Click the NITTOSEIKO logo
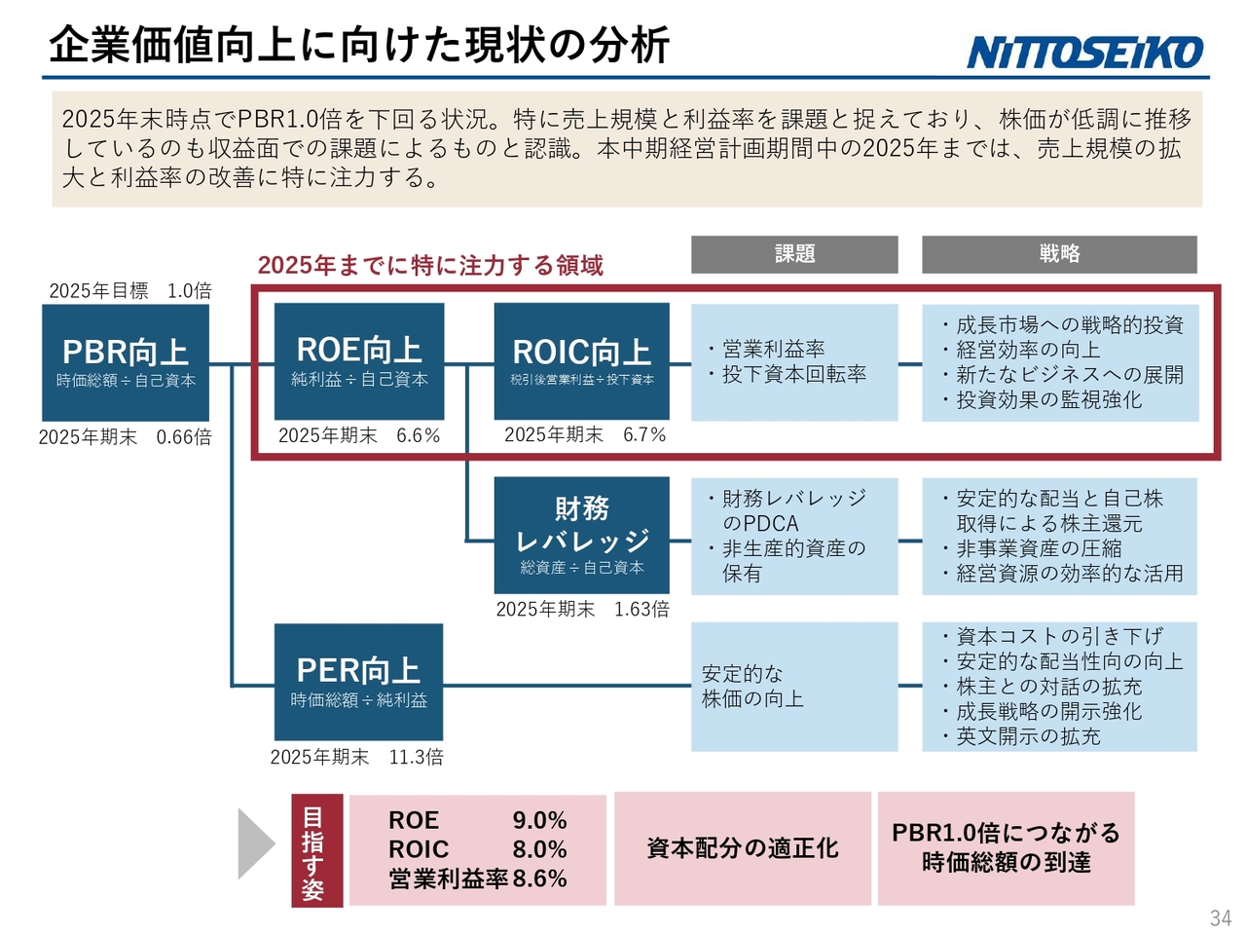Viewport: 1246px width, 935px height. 1083,53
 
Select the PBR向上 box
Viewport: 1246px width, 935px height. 126,362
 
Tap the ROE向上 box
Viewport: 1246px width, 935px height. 359,361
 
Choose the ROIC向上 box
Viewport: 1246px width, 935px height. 581,361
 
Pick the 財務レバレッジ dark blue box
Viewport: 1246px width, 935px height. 581,536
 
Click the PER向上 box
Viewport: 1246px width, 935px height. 358,682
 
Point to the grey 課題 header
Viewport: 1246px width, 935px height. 794,254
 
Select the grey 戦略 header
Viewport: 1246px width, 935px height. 1059,254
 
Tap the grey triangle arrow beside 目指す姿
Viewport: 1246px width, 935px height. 255,844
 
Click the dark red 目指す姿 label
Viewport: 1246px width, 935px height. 316,850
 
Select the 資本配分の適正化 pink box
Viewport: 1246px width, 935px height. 743,848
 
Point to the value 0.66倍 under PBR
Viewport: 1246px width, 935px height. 183,437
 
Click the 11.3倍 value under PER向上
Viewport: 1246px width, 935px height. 416,757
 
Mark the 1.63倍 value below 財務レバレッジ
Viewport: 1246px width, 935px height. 641,609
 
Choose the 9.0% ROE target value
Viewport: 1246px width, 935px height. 539,820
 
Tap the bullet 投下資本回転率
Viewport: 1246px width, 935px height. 788,374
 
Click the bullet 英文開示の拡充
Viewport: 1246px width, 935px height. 1022,736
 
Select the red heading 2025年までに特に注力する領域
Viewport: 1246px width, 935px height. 430,265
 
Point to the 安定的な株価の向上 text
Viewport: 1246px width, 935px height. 752,687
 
